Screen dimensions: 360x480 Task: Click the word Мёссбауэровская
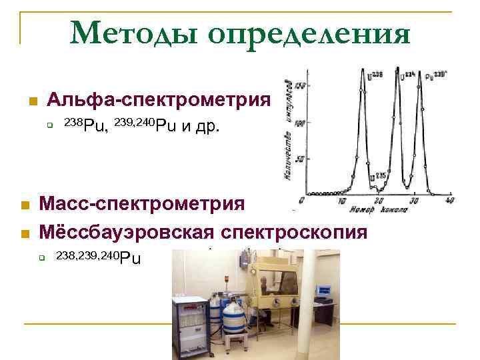[127, 232]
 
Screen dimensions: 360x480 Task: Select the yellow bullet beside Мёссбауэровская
[25, 233]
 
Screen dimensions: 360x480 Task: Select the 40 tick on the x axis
[450, 200]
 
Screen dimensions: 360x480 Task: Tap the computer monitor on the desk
[324, 291]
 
